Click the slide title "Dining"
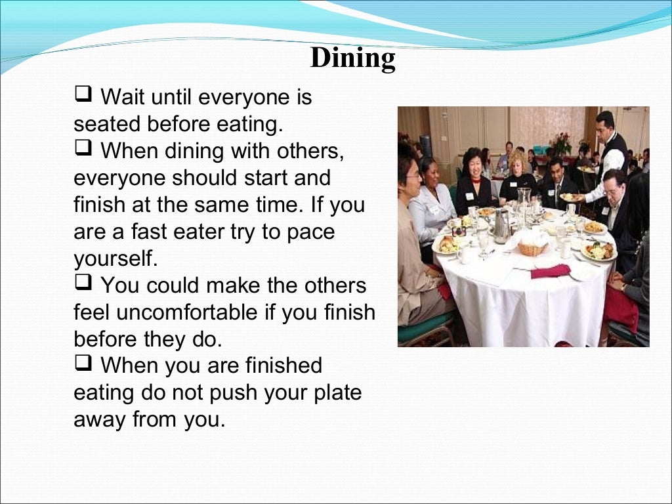[352, 58]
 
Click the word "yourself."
[116, 258]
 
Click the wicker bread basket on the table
[532, 248]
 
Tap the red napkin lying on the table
[550, 270]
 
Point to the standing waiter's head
[604, 123]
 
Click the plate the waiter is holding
[572, 197]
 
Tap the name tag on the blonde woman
[513, 184]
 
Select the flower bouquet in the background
[561, 142]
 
